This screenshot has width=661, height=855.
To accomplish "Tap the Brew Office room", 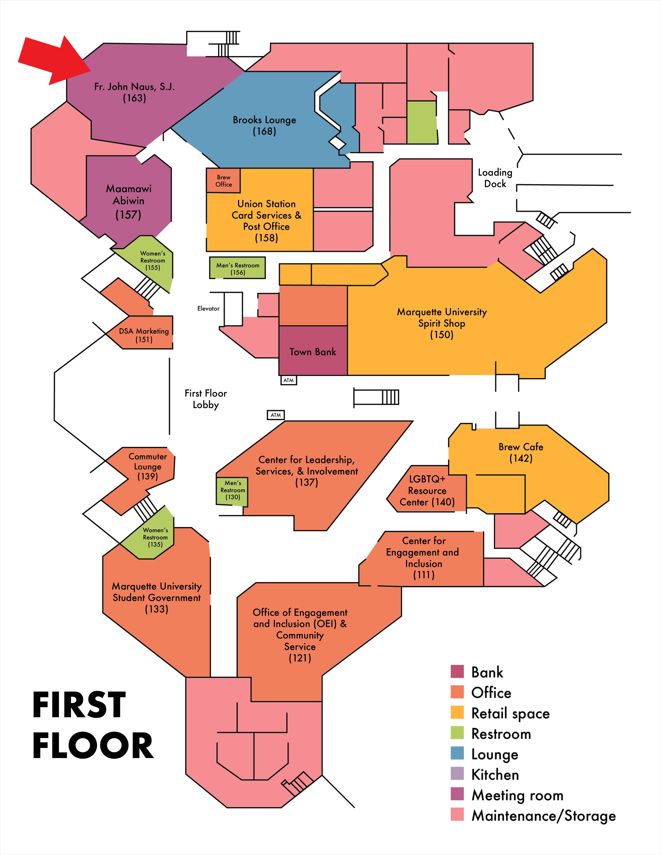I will [223, 181].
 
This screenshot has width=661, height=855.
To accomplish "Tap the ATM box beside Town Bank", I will [289, 380].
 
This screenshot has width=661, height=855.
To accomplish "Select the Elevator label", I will [208, 309].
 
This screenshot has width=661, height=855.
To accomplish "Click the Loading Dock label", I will [495, 178].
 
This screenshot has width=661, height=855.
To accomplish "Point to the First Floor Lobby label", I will [205, 399].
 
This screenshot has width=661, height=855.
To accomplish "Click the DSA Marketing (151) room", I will [144, 335].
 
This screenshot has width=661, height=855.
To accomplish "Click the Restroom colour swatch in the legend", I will [457, 732].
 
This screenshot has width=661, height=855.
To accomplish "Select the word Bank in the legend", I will [487, 672].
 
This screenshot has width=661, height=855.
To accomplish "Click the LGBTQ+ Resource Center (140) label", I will [427, 490].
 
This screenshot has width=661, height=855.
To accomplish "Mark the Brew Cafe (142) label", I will [521, 453].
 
